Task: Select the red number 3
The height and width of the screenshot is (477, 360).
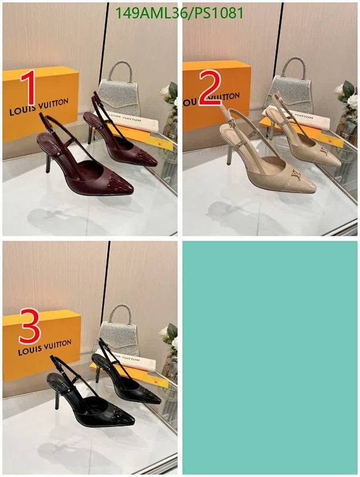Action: [30, 326]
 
